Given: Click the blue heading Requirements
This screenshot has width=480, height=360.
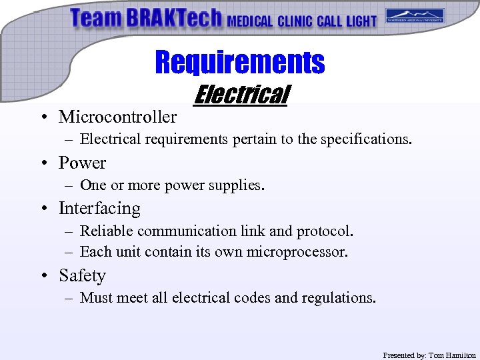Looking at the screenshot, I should point(240,63).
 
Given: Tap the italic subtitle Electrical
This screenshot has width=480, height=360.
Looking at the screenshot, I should point(240,95).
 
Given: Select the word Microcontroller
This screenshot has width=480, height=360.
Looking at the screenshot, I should point(117,117).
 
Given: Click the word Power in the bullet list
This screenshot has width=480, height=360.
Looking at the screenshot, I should point(82,163).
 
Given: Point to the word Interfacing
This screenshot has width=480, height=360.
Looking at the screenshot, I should point(99,209).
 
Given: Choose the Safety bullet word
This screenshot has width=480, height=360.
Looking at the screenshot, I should point(82,276).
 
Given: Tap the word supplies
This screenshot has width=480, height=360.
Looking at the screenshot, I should point(236,185).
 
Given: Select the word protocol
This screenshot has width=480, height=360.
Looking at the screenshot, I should point(325,231).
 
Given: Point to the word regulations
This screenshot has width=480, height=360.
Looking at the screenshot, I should point(339,298).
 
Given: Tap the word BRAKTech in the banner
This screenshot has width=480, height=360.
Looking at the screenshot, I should point(174,19).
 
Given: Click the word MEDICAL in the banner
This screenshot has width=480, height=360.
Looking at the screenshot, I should point(250,21).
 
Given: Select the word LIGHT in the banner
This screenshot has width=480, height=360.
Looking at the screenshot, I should point(361,21).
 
